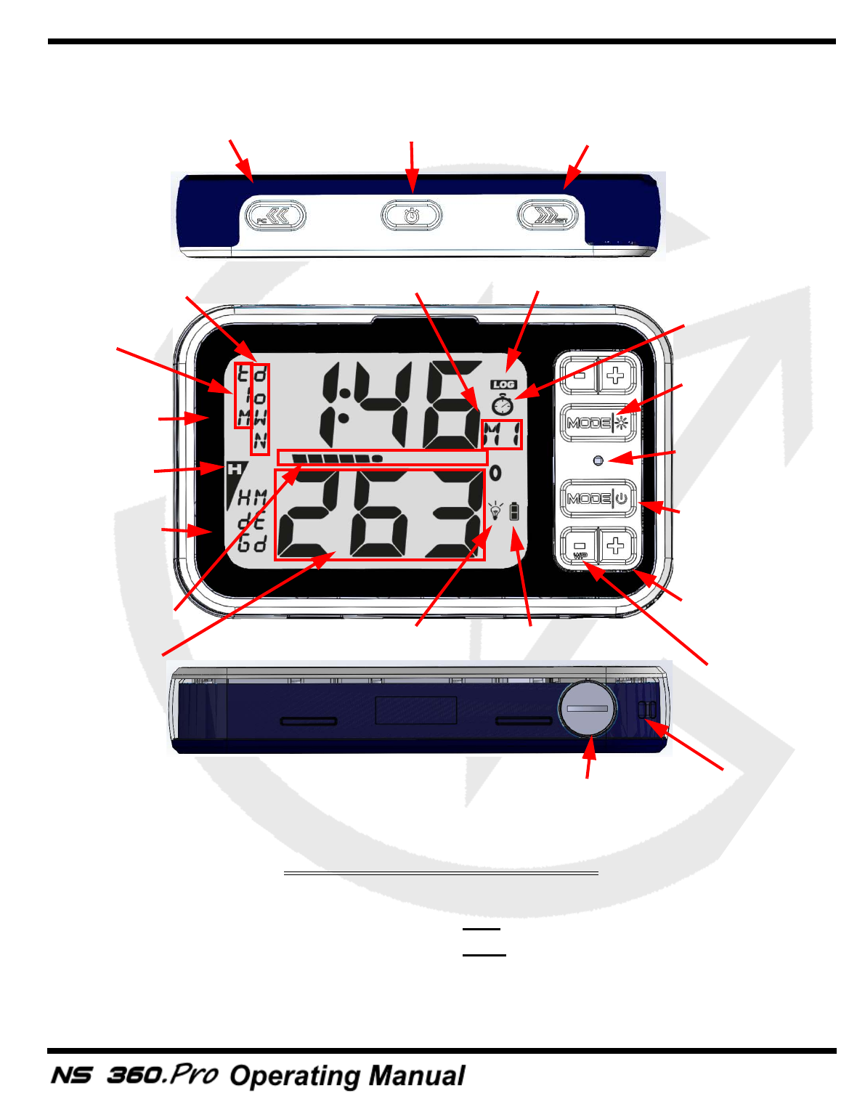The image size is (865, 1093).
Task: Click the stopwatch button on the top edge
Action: [x=412, y=216]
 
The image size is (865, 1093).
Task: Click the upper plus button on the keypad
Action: [x=617, y=375]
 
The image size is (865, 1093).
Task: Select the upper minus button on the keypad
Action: [x=579, y=375]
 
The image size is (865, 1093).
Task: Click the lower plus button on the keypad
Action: [x=617, y=545]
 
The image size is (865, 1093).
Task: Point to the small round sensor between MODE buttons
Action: [x=598, y=460]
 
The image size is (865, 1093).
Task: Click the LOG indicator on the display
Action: [x=503, y=384]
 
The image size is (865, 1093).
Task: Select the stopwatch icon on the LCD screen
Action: [x=502, y=405]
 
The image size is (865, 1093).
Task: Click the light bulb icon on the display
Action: [x=495, y=510]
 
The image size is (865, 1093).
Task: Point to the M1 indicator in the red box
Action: [x=502, y=434]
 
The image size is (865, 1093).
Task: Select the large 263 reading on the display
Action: [x=380, y=514]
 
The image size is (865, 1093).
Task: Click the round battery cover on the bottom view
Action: [x=588, y=708]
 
